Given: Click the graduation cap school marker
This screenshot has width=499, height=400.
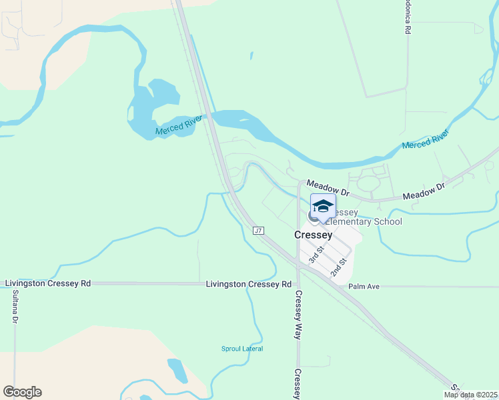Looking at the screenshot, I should point(323,206).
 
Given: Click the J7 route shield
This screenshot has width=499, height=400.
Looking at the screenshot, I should point(260,230).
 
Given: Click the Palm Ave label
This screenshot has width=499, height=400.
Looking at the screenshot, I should point(364,287).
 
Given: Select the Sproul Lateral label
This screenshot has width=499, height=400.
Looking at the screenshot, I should point(242,349).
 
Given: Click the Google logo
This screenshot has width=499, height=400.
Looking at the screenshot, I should point(22,392).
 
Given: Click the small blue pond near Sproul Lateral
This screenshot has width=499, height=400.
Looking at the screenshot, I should point(177,370).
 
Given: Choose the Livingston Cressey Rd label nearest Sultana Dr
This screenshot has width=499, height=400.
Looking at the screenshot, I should point(47,283).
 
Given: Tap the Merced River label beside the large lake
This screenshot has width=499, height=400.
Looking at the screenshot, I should point(178,127).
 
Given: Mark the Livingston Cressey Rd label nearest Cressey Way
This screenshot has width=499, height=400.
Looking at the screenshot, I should point(248,284).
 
